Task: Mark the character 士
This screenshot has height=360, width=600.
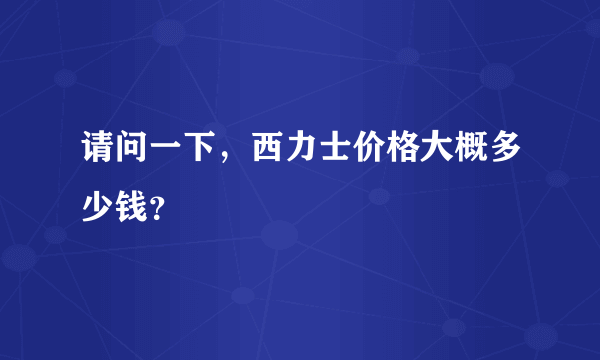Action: pyautogui.click(x=331, y=154)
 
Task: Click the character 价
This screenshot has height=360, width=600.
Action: pyautogui.click(x=365, y=154)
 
